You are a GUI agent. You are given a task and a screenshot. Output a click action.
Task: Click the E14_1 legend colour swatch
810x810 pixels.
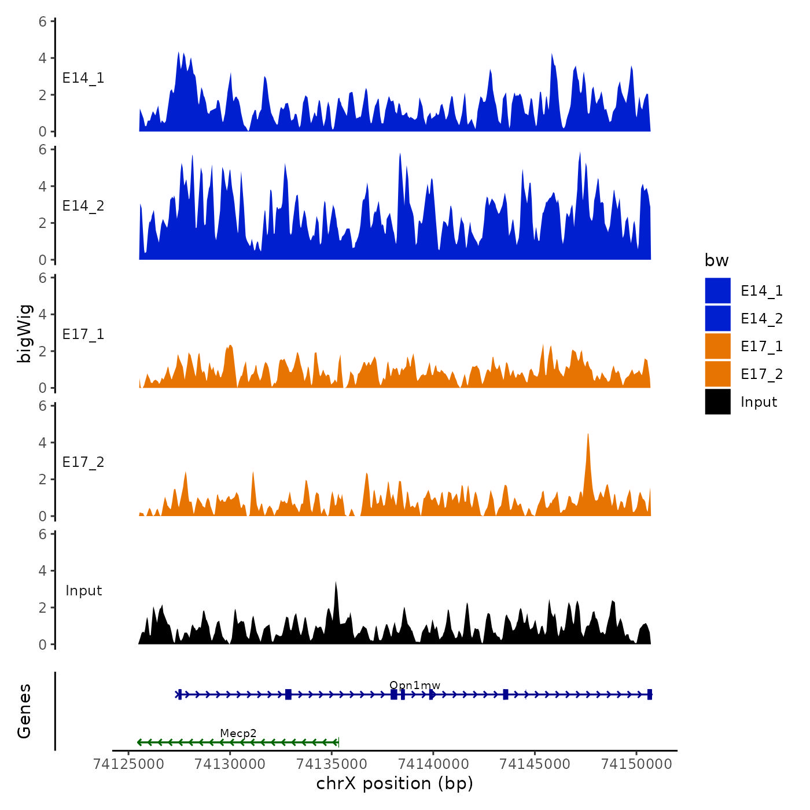(x=717, y=290)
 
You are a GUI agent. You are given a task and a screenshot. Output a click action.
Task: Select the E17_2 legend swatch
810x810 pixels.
(x=717, y=374)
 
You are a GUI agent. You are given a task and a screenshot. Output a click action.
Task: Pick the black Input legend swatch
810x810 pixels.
(x=717, y=402)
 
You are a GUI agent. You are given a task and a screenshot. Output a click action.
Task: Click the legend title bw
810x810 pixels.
(x=716, y=260)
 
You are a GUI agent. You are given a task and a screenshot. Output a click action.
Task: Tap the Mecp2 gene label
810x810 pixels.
(x=238, y=734)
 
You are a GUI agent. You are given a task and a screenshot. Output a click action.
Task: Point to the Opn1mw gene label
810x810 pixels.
(x=415, y=686)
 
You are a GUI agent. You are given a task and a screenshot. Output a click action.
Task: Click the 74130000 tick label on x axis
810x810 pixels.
(x=230, y=764)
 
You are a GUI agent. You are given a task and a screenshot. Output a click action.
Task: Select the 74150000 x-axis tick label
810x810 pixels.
(x=637, y=764)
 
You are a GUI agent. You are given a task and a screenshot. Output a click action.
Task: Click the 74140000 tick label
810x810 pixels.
(x=433, y=764)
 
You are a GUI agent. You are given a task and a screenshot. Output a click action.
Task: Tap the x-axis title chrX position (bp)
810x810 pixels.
(x=395, y=783)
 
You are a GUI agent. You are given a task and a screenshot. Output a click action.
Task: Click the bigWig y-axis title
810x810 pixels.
(x=24, y=333)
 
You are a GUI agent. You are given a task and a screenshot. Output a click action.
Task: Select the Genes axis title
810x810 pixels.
(x=24, y=711)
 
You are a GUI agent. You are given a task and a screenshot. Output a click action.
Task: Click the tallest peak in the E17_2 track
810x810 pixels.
(x=588, y=435)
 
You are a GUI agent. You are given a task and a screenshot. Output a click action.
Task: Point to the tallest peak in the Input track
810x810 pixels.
(x=336, y=583)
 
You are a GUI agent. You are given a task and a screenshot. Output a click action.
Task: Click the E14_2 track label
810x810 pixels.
(x=83, y=206)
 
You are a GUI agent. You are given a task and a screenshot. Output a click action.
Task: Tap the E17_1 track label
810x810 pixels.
(x=83, y=334)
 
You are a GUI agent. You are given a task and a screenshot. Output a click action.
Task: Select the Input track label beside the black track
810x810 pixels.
(x=83, y=591)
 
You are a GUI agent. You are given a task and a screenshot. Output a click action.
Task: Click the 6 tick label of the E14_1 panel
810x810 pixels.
(x=43, y=22)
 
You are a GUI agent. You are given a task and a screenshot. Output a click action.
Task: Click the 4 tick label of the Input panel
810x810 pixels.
(x=43, y=571)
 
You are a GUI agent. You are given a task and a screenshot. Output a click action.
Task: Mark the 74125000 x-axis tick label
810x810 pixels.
(x=128, y=764)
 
